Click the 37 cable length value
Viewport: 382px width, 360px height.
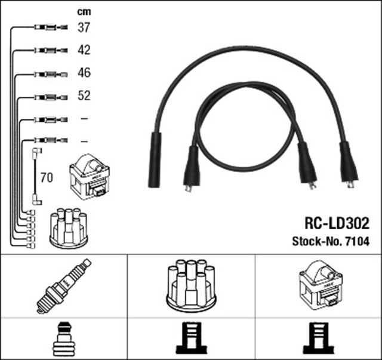[x=84, y=27]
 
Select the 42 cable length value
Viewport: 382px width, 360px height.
[x=84, y=50]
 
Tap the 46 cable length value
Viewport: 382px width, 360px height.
[x=84, y=73]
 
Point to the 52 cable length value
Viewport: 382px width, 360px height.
[x=84, y=96]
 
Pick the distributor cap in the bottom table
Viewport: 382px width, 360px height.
[x=191, y=285]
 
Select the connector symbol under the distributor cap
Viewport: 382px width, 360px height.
[x=190, y=339]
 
